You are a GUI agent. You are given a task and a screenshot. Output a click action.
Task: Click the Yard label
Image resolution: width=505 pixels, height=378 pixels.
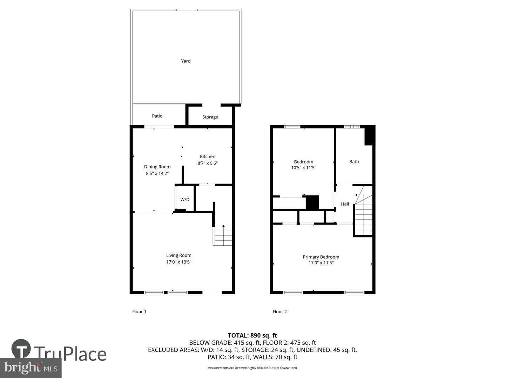(x=186, y=61)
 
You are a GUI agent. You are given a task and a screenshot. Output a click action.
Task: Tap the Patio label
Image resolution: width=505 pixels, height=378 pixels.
(x=157, y=116)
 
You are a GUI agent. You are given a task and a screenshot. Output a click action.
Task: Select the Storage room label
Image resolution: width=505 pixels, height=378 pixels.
(x=210, y=117)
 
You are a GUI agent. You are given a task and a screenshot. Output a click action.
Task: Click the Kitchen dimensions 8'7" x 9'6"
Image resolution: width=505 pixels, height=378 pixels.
(x=208, y=163)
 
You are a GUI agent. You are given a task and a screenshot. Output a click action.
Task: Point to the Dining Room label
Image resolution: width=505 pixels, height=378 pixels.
(x=157, y=167)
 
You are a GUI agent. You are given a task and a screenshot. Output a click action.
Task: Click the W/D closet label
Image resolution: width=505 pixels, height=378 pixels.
(x=185, y=199)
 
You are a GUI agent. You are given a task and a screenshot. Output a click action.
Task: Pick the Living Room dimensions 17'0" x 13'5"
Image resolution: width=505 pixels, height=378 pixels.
(x=179, y=262)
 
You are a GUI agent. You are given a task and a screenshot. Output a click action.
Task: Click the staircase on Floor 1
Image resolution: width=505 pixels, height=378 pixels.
(x=223, y=235)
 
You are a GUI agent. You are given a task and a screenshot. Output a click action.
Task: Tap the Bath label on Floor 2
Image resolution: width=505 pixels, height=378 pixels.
(x=354, y=162)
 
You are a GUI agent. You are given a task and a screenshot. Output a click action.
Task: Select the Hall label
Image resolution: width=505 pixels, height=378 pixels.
(x=345, y=204)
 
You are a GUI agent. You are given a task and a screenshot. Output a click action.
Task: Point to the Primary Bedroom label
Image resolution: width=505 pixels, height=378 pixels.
(x=321, y=257)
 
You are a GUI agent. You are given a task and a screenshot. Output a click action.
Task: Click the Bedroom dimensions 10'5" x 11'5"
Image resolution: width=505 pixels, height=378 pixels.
(x=304, y=168)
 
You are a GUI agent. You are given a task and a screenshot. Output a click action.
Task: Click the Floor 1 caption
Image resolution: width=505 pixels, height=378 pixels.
(x=139, y=311)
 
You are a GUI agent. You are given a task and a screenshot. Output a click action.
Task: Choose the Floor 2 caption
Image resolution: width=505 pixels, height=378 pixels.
(x=280, y=311)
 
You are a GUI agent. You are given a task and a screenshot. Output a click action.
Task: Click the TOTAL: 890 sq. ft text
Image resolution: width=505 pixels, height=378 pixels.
(x=252, y=335)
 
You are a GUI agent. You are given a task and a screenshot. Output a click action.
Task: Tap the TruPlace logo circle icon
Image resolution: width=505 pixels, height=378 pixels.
(x=21, y=349)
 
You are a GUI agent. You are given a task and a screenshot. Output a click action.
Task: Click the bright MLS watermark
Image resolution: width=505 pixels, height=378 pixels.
(x=31, y=367)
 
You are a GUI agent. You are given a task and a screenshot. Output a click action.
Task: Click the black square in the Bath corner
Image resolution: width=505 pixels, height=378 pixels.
(x=370, y=135)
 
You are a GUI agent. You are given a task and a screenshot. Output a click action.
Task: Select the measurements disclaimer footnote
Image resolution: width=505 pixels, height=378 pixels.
(x=252, y=368)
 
